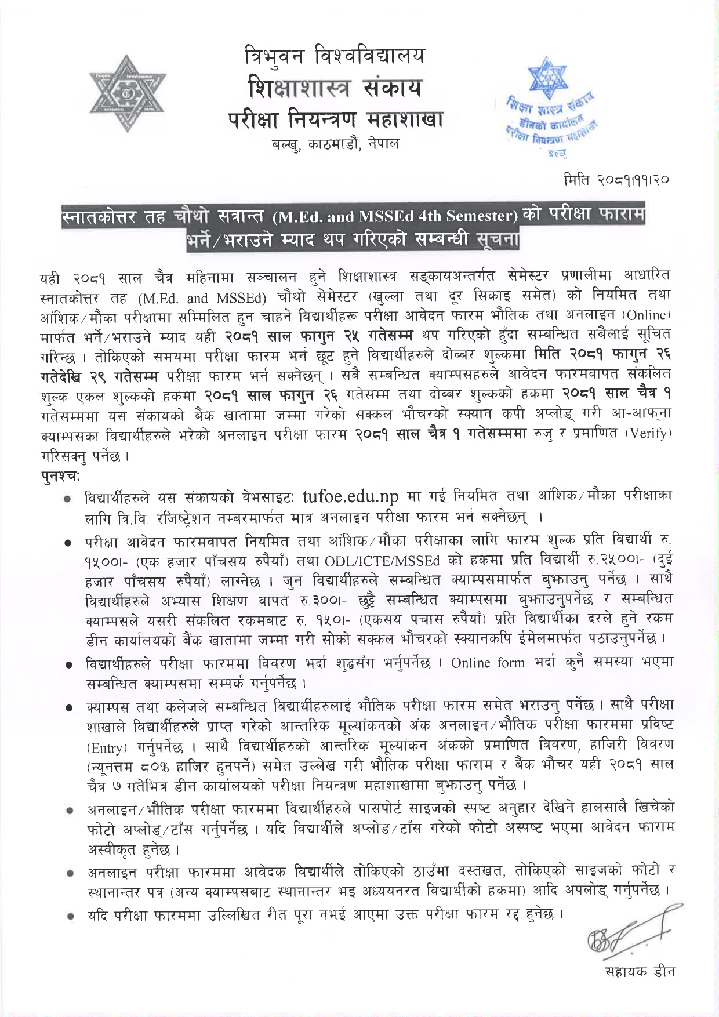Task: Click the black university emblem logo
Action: click(x=127, y=93)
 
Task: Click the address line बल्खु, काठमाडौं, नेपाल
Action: click(x=335, y=143)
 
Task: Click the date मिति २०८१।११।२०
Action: click(x=616, y=180)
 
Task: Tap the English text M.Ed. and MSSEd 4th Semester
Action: click(x=394, y=217)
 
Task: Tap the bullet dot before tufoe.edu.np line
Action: click(x=68, y=498)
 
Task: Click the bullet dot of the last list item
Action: click(x=68, y=916)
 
